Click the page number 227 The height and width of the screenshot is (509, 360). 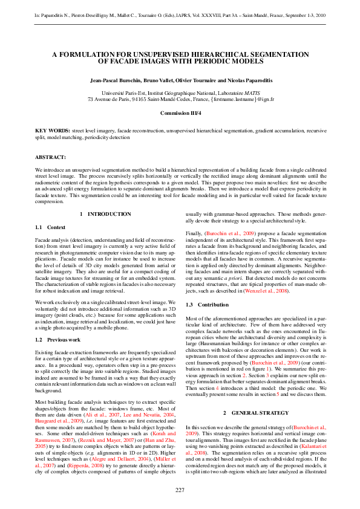click(180, 489)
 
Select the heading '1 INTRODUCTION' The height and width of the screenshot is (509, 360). click(105, 214)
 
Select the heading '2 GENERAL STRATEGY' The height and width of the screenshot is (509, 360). click(254, 412)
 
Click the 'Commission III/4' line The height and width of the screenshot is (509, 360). click(180, 113)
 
